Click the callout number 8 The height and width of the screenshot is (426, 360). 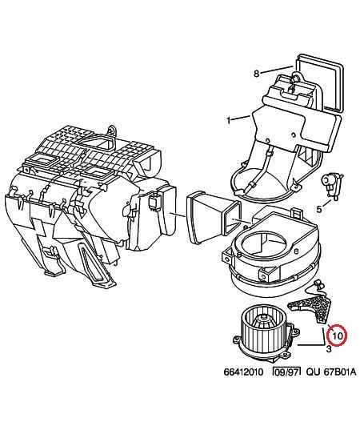256,74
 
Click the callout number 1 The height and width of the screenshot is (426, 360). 229,120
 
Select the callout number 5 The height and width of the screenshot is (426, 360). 319,209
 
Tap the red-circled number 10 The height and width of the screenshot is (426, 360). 337,336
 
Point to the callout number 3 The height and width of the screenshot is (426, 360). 329,349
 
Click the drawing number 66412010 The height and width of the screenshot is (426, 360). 243,372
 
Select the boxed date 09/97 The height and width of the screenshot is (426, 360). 286,372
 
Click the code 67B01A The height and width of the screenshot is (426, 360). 340,372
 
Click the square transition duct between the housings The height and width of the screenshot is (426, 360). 214,217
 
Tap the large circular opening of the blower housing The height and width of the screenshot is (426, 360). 263,242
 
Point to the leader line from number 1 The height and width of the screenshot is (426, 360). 242,118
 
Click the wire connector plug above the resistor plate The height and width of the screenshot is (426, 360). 319,285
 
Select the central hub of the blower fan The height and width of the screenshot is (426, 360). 262,319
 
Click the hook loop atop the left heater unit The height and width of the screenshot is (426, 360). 112,131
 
